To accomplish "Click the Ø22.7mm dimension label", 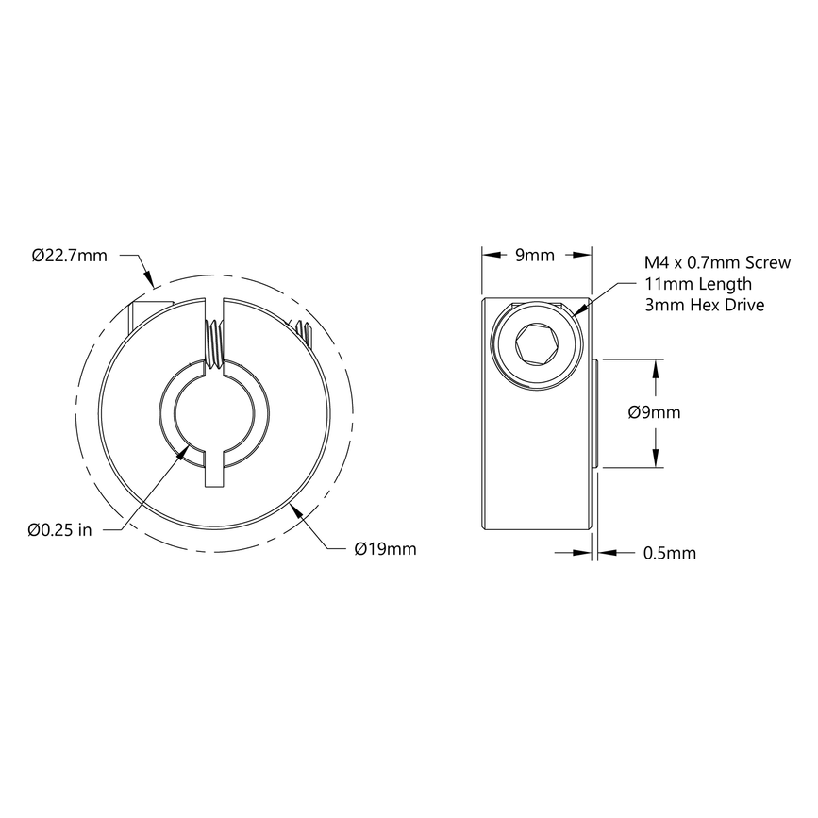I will coord(69,255).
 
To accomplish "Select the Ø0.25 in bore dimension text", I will coord(59,529).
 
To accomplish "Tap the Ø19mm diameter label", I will coord(384,548).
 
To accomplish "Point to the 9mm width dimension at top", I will coord(536,255).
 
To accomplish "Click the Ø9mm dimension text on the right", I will coord(654,412).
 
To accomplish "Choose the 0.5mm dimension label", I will coord(669,553).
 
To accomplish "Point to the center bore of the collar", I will coord(213,413).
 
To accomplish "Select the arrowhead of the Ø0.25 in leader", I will coord(184,454).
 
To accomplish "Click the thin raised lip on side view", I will coord(596,413).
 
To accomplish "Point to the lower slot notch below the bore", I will coord(214,471).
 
